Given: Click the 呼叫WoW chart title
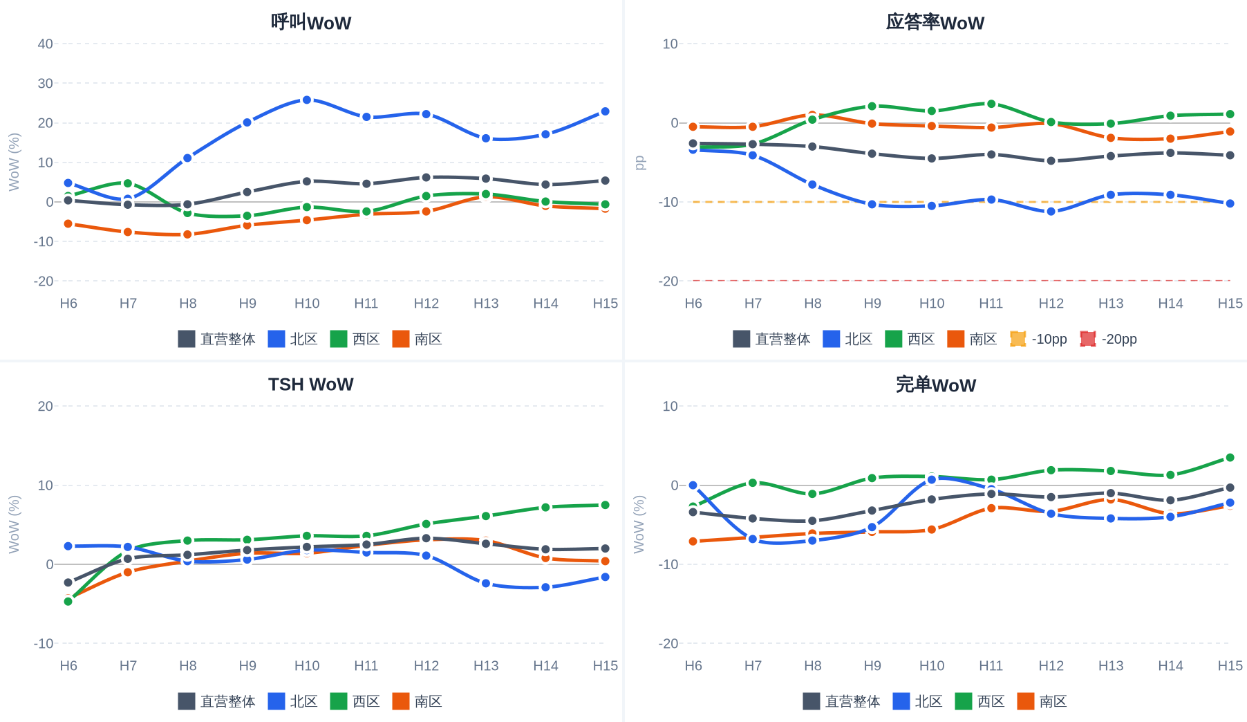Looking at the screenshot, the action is pos(311,22).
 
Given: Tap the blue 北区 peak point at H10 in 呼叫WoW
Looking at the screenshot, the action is pos(307,100).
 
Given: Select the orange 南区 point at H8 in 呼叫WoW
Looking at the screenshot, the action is pos(187,234).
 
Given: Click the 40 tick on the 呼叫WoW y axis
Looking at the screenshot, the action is pos(46,44).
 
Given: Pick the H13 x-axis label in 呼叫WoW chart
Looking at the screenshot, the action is pos(486,303).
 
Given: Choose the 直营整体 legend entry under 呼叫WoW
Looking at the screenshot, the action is pos(217,339).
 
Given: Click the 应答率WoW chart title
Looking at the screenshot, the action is pos(935,22).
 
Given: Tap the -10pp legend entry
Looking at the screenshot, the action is pos(1039,339).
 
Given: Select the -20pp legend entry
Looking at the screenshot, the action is pos(1109,339).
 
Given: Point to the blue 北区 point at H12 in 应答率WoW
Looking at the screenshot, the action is pos(1051,212).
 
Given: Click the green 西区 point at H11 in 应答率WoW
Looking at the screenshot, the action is pos(991,104).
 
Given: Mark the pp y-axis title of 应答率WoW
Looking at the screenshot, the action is pos(639,163).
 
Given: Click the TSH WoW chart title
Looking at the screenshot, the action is pos(311,385).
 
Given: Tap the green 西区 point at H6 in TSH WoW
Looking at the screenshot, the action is pos(68,602).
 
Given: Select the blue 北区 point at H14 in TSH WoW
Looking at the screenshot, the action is pos(545,587).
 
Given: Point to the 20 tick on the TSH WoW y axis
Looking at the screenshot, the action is pos(46,406).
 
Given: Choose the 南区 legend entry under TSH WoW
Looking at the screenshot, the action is pos(418,701).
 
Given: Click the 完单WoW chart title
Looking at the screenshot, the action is pos(935,385).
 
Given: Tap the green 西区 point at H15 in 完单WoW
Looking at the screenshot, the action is pos(1230,458).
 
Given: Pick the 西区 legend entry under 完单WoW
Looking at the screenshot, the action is pos(980,701).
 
